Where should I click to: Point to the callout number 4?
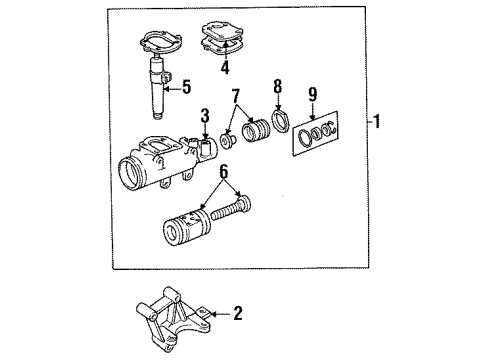click(225, 69)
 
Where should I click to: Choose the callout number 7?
click(237, 99)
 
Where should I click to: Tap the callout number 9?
click(313, 96)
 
